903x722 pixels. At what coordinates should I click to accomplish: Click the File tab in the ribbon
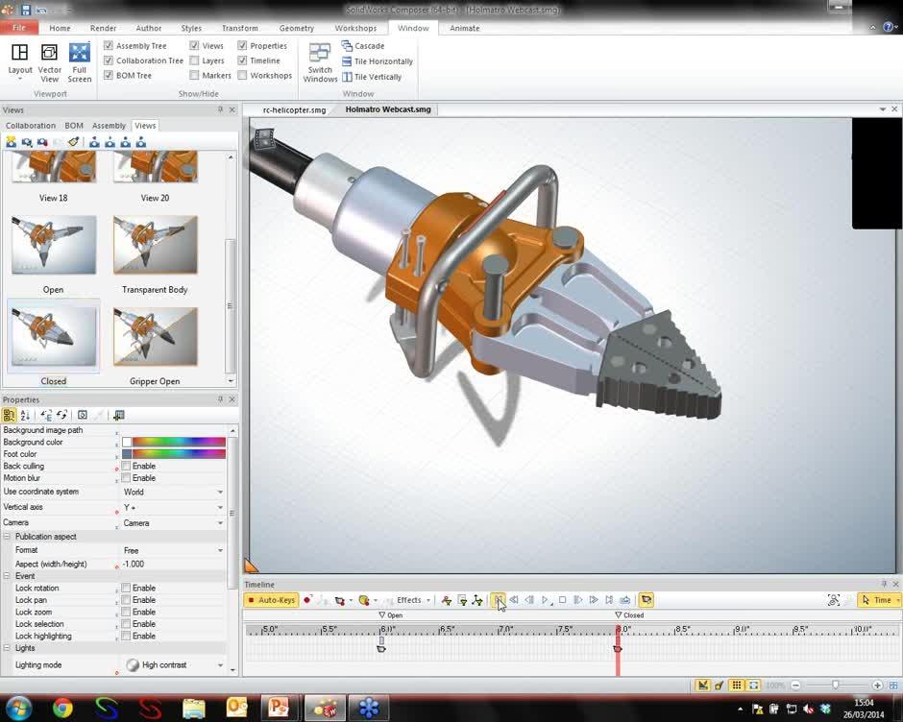coord(18,28)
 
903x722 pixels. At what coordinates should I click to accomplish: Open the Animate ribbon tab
coord(464,28)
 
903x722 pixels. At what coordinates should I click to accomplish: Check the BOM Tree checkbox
coord(109,75)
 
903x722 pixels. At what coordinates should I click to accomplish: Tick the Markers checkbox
coord(195,75)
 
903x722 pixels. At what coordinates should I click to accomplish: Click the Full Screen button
coord(80,61)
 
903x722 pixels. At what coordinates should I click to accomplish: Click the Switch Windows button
coord(320,61)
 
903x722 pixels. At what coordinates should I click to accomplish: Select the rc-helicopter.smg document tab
coord(294,109)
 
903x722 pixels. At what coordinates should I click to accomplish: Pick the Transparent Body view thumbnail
coord(155,246)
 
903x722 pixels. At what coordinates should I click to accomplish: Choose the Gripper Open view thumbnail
coord(155,337)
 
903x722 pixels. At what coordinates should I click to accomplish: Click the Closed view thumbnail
coord(54,337)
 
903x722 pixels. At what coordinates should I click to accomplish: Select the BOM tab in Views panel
coord(74,126)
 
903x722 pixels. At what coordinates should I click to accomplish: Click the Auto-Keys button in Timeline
coord(272,600)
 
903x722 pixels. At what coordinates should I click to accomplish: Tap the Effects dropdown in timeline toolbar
coord(412,600)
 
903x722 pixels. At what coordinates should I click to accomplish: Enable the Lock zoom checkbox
coord(126,612)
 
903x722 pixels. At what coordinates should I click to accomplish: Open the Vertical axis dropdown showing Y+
coord(173,507)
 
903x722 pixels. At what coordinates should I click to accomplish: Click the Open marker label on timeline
coord(394,615)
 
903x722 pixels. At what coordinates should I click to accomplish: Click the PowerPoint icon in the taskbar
coord(279,709)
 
